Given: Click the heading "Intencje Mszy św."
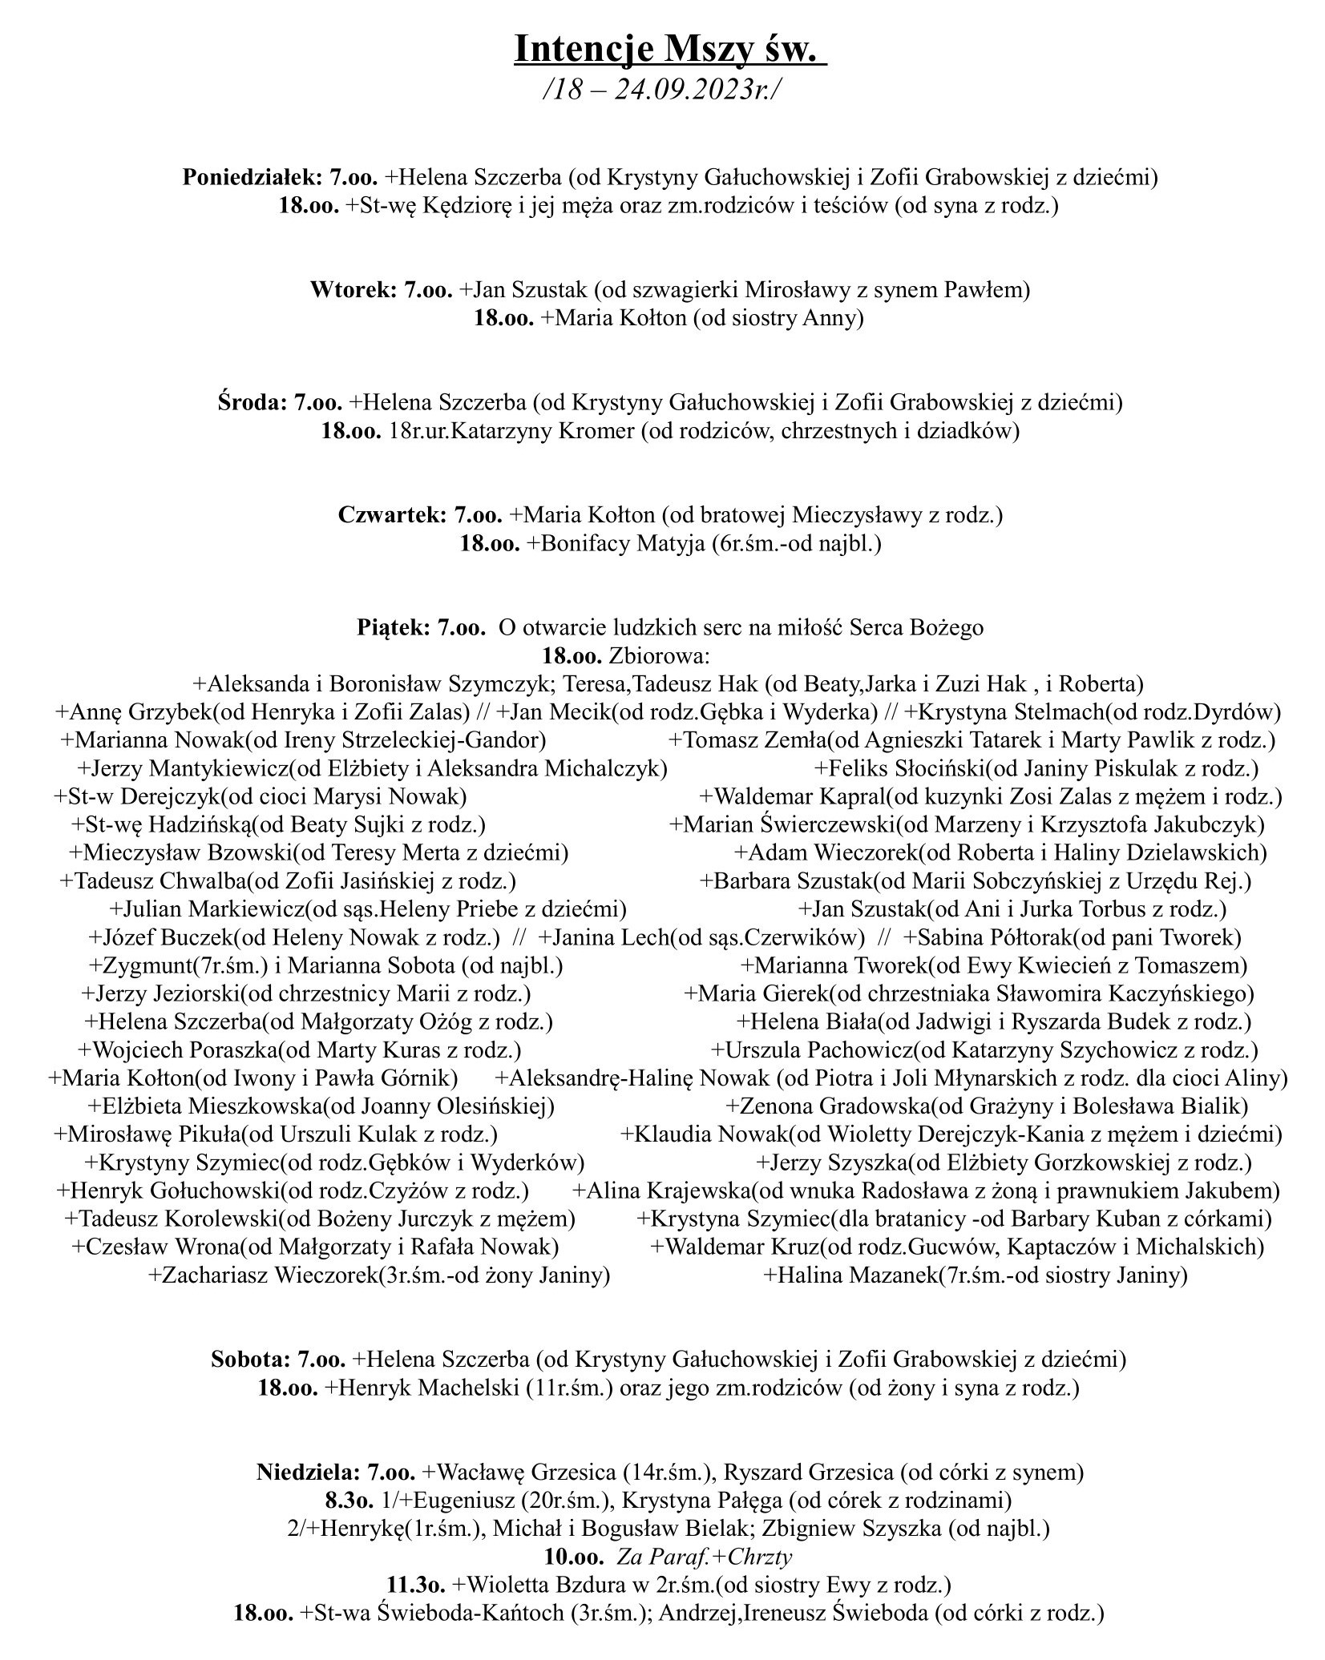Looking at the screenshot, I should (669, 48).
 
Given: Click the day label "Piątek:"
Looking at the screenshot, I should (394, 628).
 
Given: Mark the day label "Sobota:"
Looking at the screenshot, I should (252, 1360).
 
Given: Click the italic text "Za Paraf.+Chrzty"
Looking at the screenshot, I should (704, 1557).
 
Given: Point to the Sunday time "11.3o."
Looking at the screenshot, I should (415, 1585).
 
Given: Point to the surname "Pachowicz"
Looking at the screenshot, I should (862, 1050).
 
